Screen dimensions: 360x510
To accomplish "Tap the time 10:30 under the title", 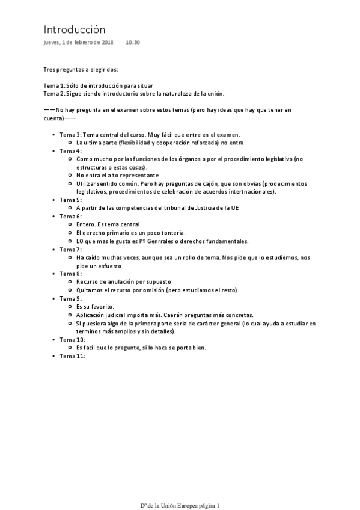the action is point(133,43).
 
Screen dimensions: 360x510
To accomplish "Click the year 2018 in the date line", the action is point(107,43).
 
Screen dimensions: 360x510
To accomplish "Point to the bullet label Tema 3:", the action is point(70,135).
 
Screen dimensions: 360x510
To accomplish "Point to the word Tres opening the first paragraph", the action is point(49,70).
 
